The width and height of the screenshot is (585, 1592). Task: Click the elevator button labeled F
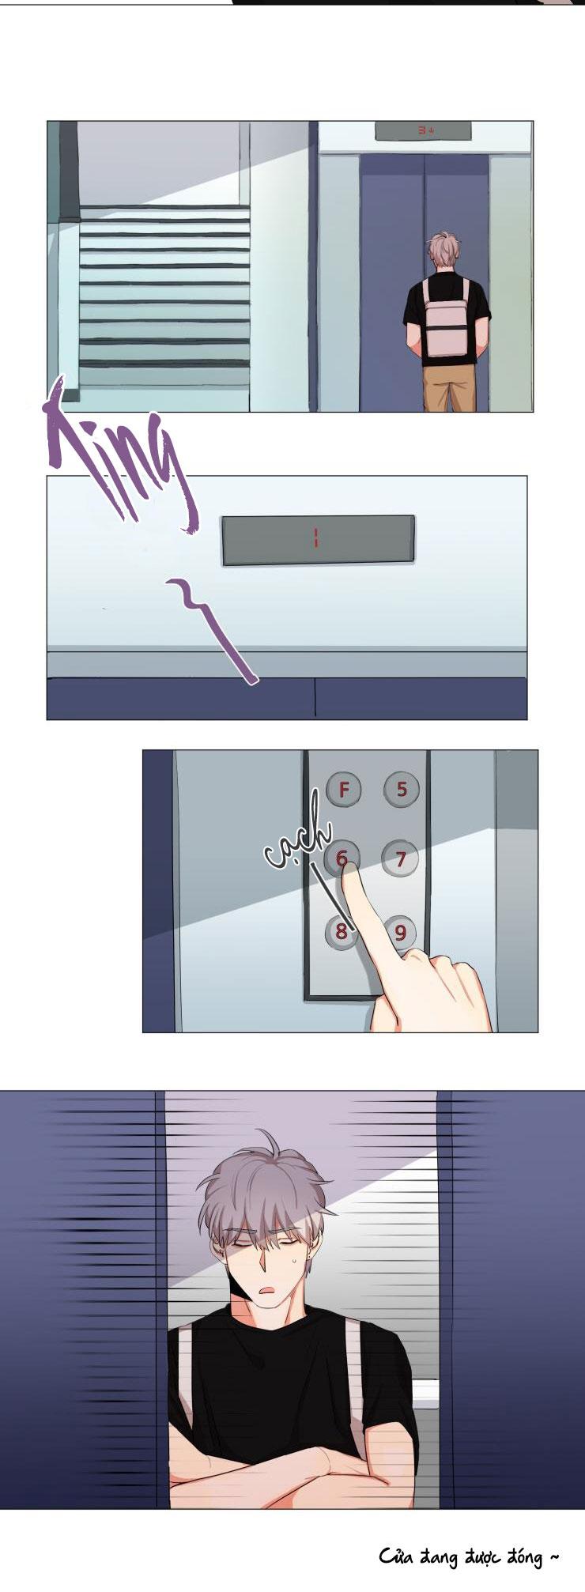click(x=344, y=788)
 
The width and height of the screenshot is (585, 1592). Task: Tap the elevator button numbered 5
click(x=402, y=788)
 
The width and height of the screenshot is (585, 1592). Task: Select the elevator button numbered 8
click(x=341, y=930)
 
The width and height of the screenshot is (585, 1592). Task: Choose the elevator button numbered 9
click(x=401, y=932)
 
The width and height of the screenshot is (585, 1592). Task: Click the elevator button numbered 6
click(x=342, y=858)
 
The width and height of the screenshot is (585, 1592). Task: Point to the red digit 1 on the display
click(x=315, y=540)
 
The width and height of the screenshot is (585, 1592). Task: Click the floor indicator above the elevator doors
click(x=423, y=130)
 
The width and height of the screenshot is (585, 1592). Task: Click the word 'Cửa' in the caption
click(x=397, y=1558)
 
